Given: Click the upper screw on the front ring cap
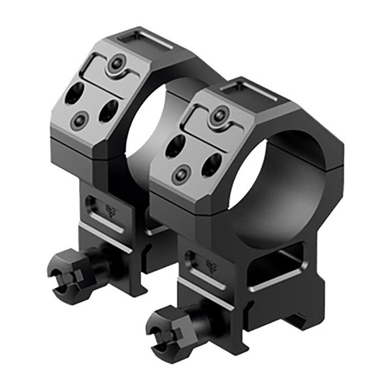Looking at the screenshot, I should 215,118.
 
